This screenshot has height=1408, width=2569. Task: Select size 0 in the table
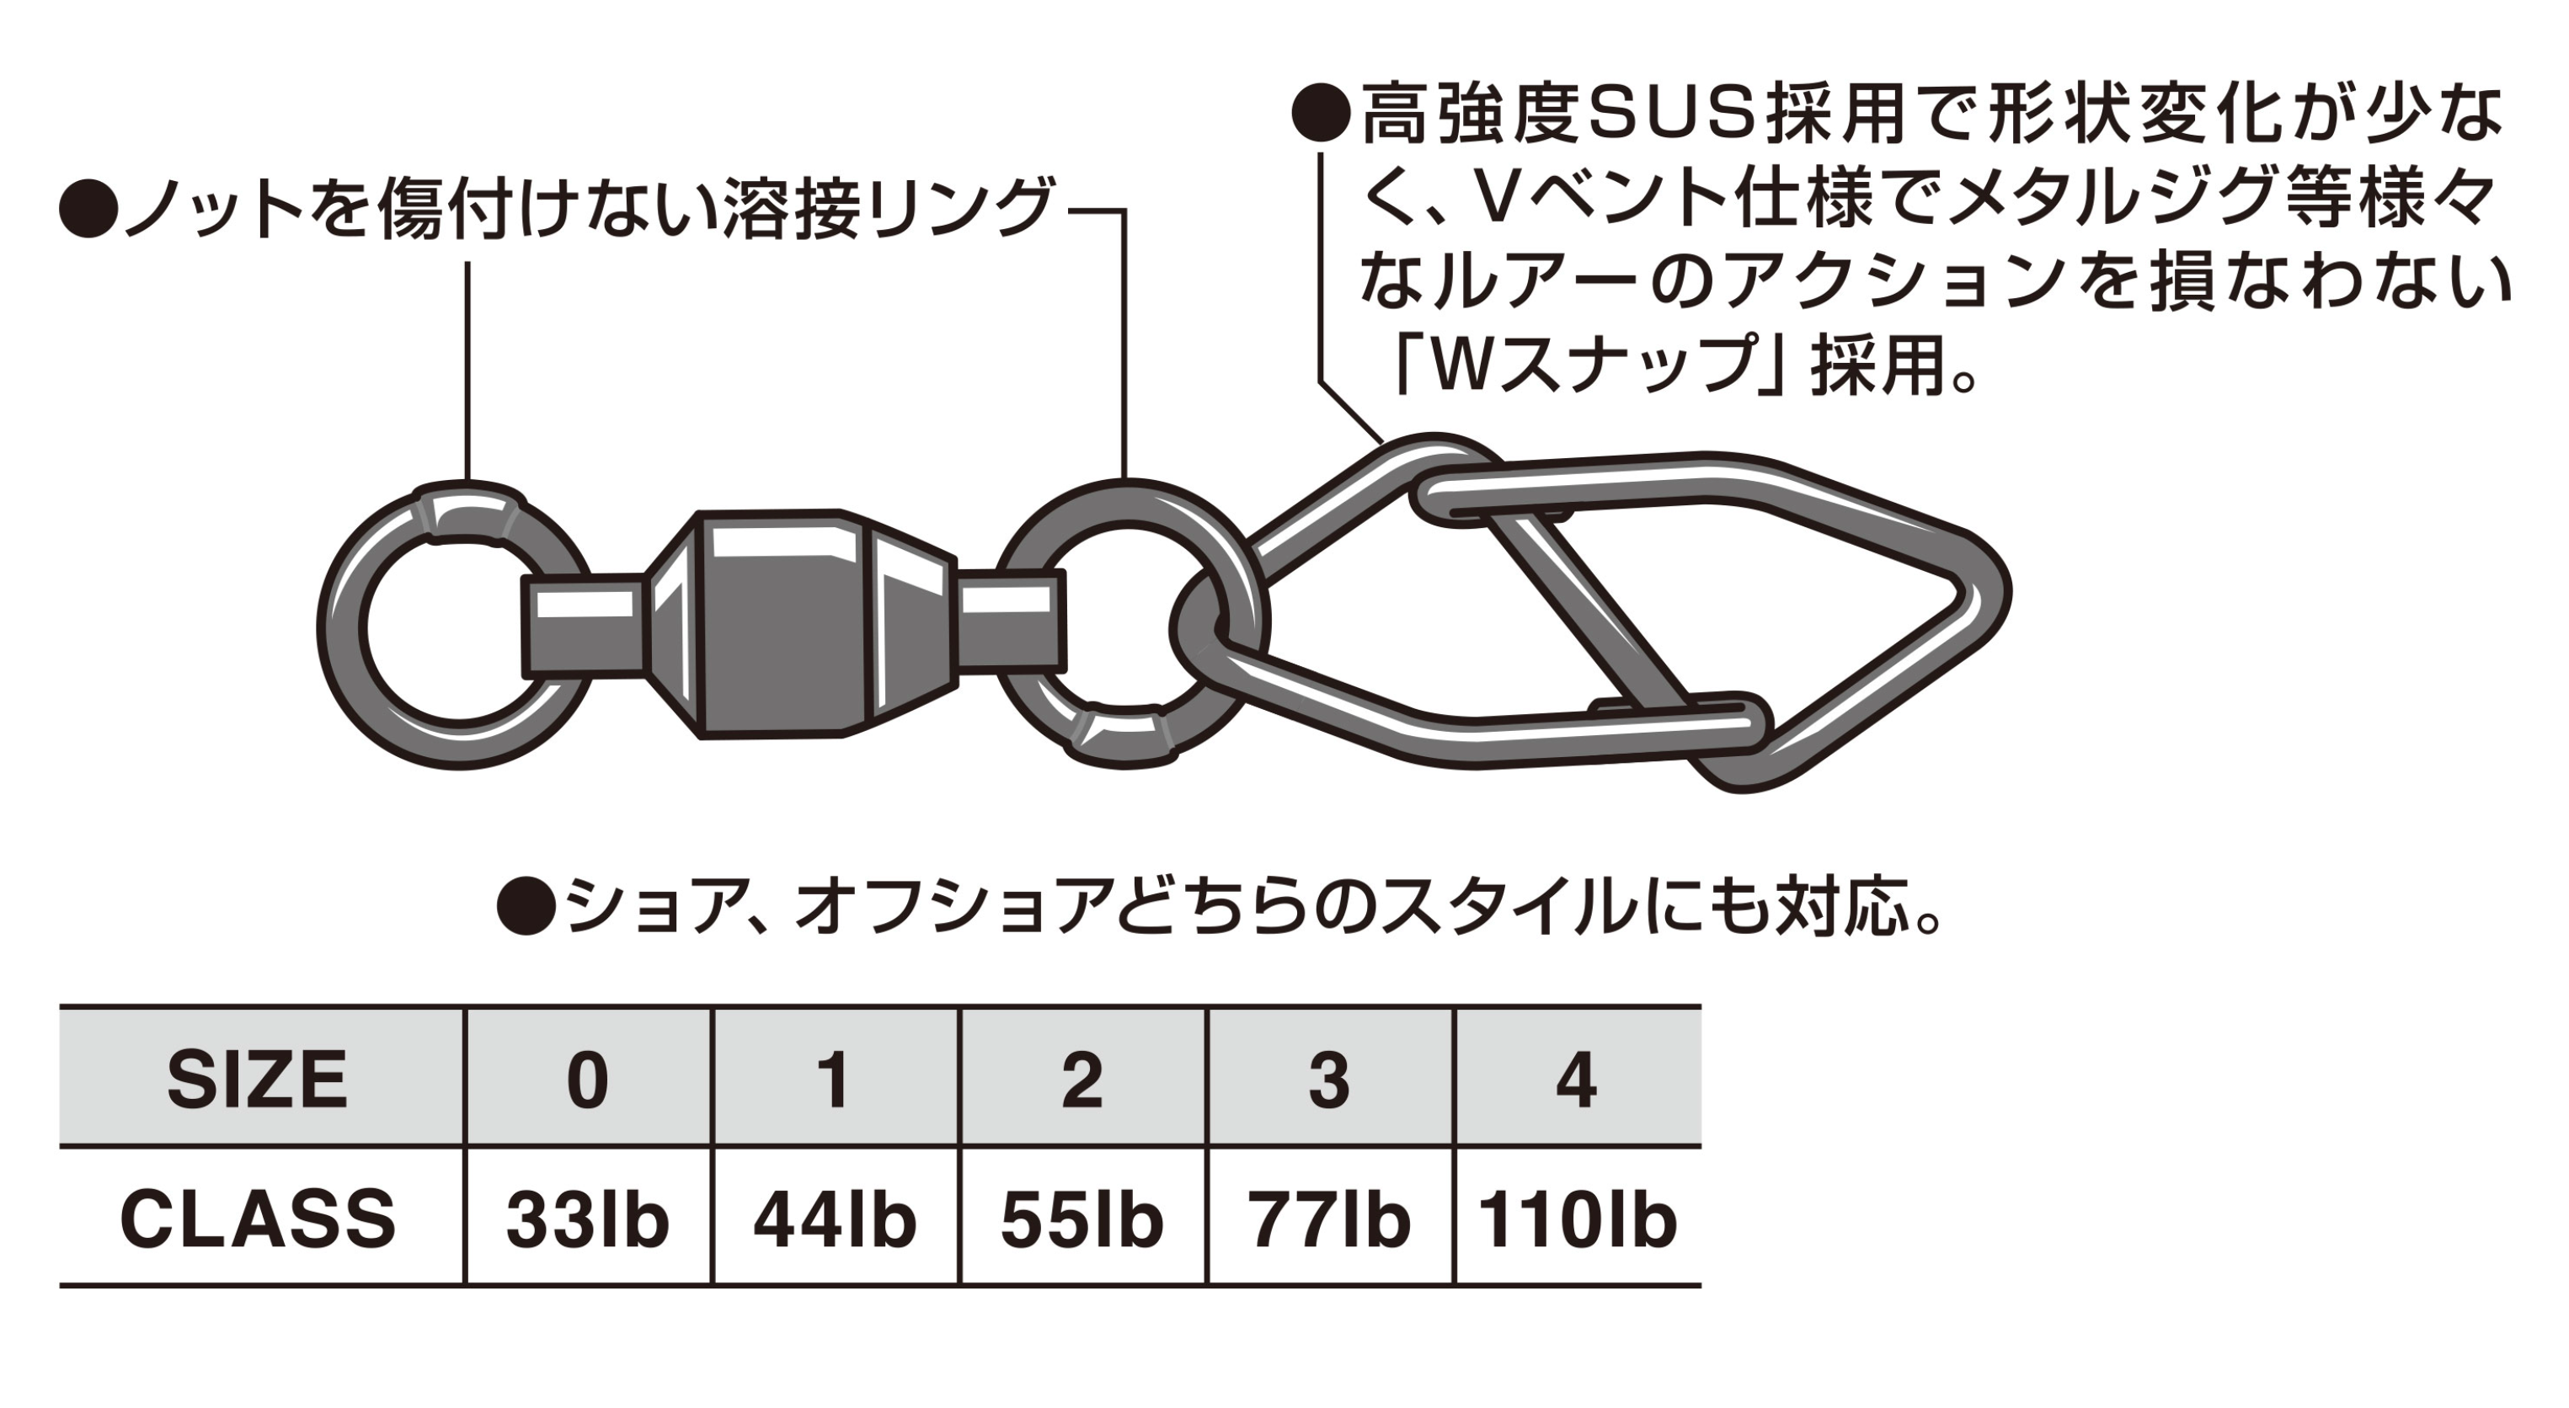click(x=587, y=1080)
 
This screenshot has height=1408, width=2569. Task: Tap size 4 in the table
click(x=1576, y=1080)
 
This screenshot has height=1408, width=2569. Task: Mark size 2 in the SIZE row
click(x=1082, y=1080)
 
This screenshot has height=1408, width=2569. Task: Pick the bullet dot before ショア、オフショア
click(x=526, y=906)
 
